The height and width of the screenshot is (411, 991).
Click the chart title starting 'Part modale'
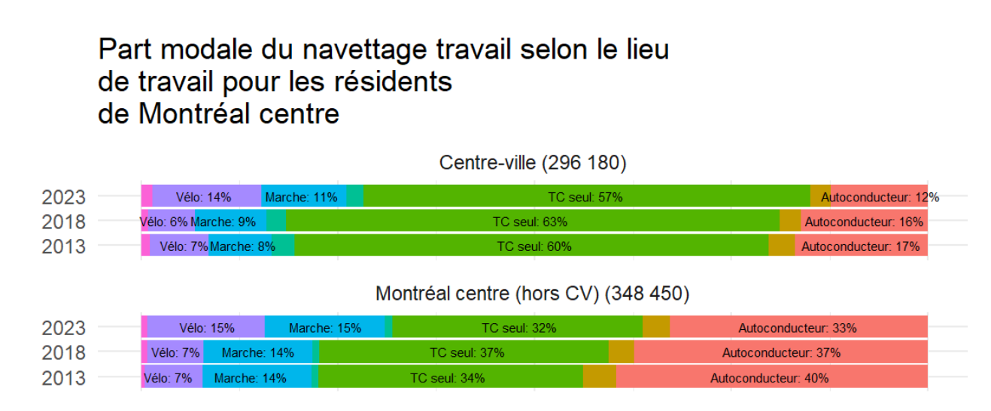pyautogui.click(x=383, y=82)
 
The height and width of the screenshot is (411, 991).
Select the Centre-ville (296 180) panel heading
pyautogui.click(x=533, y=163)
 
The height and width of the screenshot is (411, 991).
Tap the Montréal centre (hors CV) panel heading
pyautogui.click(x=533, y=293)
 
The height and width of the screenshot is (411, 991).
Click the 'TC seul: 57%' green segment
pyautogui.click(x=586, y=197)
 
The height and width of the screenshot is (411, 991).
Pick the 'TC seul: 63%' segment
pyautogui.click(x=531, y=222)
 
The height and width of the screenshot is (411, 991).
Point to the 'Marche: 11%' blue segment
pyautogui.click(x=302, y=197)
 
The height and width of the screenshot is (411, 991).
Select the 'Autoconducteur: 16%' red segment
pyautogui.click(x=864, y=222)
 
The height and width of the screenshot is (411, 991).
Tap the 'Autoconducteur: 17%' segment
pyautogui.click(x=861, y=246)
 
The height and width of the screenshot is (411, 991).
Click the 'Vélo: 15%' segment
pyautogui.click(x=206, y=328)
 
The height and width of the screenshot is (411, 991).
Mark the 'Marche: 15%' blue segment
pyautogui.click(x=325, y=328)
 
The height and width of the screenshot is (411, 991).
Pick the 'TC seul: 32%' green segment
pyautogui.click(x=518, y=328)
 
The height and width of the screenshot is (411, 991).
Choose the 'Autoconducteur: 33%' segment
pyautogui.click(x=798, y=328)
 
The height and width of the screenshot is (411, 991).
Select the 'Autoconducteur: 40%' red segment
pyautogui.click(x=771, y=378)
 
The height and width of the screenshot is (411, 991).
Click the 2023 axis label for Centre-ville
pyautogui.click(x=63, y=198)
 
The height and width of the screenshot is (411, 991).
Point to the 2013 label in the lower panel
pyautogui.click(x=63, y=378)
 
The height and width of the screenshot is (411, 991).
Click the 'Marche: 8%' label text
pyautogui.click(x=242, y=246)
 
